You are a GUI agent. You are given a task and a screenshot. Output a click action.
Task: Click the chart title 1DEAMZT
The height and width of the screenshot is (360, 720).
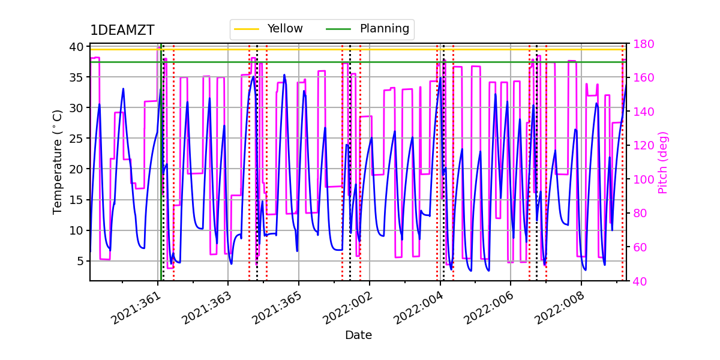pos(122,31)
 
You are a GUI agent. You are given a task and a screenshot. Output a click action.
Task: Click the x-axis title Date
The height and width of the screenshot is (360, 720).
pos(358,335)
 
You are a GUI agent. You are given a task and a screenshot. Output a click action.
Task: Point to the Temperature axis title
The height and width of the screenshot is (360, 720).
pos(58,161)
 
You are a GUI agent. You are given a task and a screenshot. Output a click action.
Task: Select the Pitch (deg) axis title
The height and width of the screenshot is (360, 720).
pos(663,162)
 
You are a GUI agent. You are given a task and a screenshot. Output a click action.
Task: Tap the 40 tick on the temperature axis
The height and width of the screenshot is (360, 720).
pos(78,47)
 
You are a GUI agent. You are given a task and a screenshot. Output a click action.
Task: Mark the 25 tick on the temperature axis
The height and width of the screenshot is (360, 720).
pos(78,139)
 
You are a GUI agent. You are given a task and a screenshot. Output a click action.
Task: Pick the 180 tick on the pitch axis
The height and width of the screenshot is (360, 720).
pos(641,44)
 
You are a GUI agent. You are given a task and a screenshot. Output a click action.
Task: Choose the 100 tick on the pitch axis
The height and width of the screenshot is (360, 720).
pos(641,179)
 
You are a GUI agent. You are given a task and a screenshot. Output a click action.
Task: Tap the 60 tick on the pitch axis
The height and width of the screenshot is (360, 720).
pos(639,247)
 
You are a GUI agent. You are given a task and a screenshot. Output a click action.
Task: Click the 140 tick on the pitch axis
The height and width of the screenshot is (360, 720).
pos(641,112)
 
